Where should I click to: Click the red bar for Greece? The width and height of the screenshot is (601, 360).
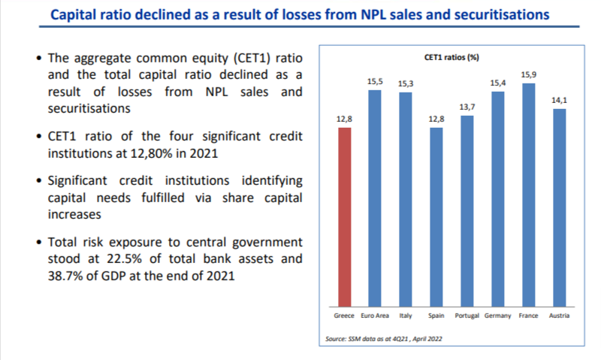coord(344,217)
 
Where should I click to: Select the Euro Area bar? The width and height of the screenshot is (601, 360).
coord(375,198)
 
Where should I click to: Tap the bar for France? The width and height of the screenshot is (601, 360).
coord(529,195)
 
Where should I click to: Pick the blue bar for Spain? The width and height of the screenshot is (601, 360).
coord(436,217)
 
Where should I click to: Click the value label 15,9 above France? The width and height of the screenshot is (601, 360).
coord(529,74)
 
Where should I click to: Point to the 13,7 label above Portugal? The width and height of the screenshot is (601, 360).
coord(467,107)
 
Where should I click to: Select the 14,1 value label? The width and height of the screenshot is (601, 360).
coord(559,100)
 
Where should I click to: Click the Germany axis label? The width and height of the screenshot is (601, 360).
coord(497,316)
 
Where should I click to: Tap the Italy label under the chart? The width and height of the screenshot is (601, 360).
coord(406,316)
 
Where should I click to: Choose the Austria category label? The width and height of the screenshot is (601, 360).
coord(559,316)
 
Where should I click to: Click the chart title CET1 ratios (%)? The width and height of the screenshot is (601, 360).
coord(452,58)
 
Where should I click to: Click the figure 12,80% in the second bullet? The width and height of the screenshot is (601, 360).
coord(152,153)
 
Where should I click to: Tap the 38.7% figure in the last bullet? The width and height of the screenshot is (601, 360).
coord(65,276)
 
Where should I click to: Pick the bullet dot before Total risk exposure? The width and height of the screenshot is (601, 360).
coord(39,242)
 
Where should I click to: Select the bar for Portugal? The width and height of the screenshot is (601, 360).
coord(467,211)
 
